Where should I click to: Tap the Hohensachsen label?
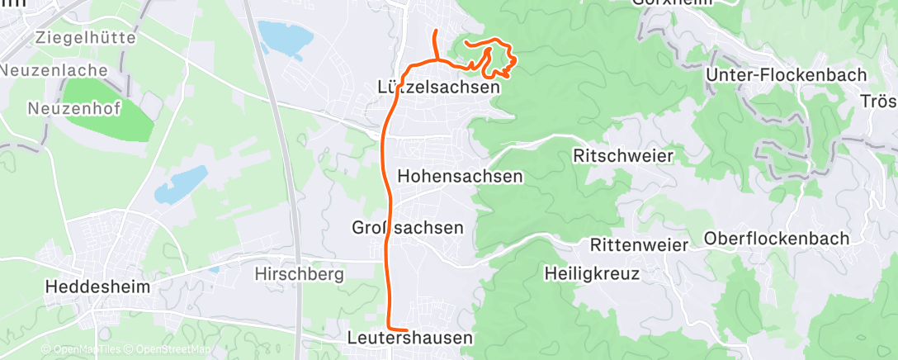click(460, 176)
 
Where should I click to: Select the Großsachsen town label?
click(408, 227)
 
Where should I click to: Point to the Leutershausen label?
click(410, 338)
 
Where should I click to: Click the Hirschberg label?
click(299, 274)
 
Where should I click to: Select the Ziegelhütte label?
click(85, 37)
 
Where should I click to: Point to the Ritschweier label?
click(623, 155)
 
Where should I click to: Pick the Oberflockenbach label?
click(777, 239)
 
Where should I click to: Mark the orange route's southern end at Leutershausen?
click(405, 330)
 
